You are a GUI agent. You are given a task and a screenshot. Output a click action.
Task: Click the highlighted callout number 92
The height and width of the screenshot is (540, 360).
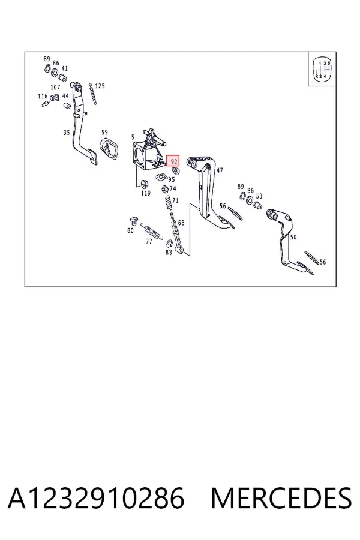pos(173,161)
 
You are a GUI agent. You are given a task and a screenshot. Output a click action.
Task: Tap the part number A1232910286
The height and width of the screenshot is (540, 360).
pos(96,499)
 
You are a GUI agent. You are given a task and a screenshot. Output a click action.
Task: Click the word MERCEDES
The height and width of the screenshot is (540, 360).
pos(281,499)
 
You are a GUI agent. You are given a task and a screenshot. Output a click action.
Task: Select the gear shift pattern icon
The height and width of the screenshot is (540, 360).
pos(322,69)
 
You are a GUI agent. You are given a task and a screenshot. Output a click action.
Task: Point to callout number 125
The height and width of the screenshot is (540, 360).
pos(100,86)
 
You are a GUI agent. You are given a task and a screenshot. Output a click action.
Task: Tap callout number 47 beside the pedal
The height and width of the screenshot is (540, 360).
pos(220,170)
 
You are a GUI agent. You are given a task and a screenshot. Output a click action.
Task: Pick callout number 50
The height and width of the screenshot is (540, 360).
pos(293,237)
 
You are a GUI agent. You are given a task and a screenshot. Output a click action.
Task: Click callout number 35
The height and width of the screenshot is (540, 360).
pos(67,132)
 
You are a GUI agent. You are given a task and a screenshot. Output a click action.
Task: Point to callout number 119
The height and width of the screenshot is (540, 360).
pos(146,193)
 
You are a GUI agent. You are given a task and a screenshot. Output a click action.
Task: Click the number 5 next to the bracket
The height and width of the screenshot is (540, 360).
pos(133,137)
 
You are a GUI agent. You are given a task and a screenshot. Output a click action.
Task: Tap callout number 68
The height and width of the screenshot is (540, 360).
pos(181,223)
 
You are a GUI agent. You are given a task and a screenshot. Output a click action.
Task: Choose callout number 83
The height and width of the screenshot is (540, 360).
pos(169,253)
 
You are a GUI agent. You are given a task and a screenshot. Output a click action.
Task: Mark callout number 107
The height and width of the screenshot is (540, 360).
pos(55,88)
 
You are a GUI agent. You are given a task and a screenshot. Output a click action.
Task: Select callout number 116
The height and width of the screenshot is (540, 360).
pos(43,96)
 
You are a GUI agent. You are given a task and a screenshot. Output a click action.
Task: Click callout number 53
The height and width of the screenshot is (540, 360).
pos(259,196)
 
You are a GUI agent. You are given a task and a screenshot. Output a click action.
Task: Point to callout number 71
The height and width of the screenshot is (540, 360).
pos(175,200)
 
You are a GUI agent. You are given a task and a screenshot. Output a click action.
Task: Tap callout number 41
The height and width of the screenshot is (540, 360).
pos(64,68)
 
